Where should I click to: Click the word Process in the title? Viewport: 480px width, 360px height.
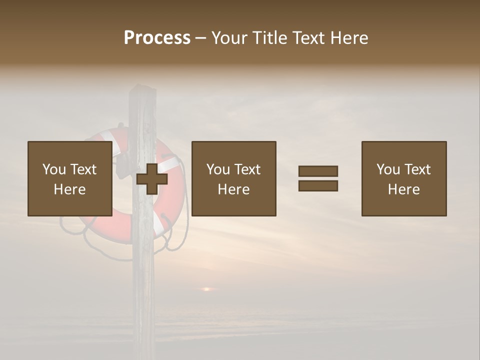tap(157, 37)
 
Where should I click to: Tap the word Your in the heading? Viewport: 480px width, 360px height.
tap(229, 38)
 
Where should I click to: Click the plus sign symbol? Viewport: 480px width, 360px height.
tap(152, 178)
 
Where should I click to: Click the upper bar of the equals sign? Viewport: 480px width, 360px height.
tap(318, 171)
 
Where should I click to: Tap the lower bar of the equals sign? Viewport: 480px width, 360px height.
tap(318, 185)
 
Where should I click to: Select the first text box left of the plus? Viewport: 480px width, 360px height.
tap(69, 178)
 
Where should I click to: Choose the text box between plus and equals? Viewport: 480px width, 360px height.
tap(233, 178)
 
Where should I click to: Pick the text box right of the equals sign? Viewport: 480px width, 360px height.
tap(403, 178)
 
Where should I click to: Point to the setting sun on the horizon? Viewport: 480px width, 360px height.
tap(207, 289)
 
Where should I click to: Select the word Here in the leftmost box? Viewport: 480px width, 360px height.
tap(69, 189)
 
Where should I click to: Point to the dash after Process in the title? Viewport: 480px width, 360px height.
tap(201, 38)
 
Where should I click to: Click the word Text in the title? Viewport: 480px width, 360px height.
tap(307, 38)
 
